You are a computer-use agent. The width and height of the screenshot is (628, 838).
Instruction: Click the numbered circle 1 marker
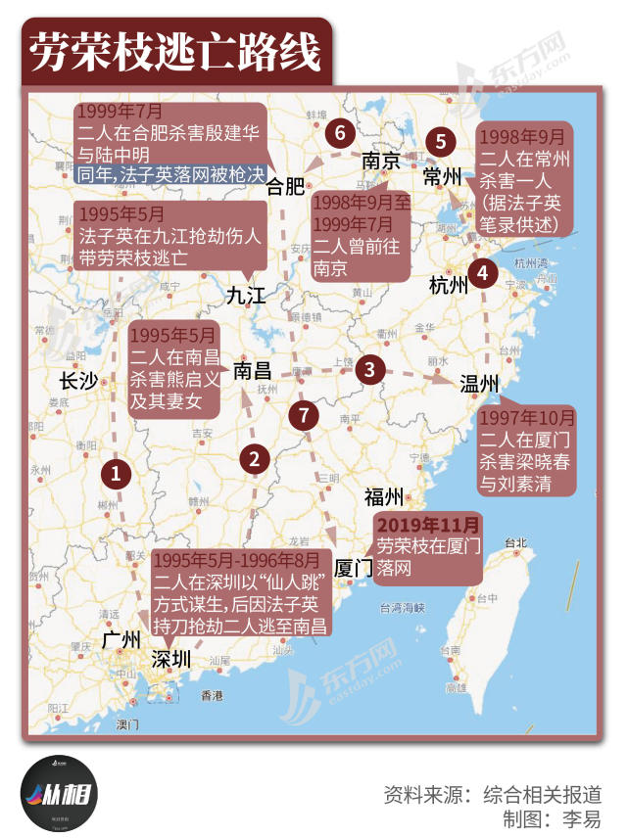tap(117, 475)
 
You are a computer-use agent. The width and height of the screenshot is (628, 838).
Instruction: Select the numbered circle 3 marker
tap(369, 369)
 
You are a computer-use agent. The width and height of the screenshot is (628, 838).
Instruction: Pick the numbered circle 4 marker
tap(481, 274)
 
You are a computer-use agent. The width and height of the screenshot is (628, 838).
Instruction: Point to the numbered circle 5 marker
tap(441, 141)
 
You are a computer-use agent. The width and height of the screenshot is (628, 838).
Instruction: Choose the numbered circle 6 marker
tap(340, 131)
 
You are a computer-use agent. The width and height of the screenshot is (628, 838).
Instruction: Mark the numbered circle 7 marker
tap(305, 415)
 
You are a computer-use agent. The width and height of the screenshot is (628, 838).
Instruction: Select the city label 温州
tap(480, 382)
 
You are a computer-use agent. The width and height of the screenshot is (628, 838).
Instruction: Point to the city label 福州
tap(384, 495)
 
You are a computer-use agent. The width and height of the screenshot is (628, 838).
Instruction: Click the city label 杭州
tap(450, 285)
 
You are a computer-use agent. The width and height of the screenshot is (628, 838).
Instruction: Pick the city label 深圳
tap(171, 660)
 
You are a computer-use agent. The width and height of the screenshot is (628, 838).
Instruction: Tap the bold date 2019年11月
tap(429, 526)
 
